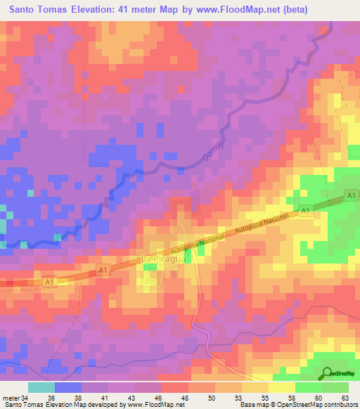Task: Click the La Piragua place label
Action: point(163,259)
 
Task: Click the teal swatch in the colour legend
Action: point(41,388)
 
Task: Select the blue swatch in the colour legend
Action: point(68,388)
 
